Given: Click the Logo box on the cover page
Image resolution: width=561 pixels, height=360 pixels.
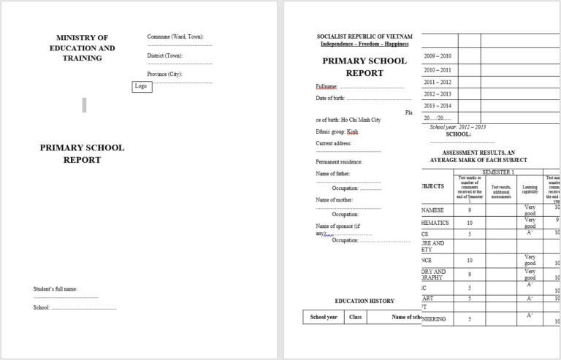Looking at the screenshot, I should [142, 86].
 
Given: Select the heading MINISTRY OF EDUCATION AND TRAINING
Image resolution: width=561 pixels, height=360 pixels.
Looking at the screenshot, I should [85, 47].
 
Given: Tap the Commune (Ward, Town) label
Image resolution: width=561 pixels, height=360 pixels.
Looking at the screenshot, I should [175, 37].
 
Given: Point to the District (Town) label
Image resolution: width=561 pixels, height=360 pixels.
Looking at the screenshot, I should [165, 55].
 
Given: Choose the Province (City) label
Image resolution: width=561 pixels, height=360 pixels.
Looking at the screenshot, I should [165, 74].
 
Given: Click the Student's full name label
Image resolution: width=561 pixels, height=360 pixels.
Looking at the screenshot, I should [56, 289].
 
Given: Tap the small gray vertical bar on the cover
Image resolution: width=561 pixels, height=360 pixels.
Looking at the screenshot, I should [84, 105].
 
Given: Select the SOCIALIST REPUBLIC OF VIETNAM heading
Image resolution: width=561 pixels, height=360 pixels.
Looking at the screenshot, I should [365, 37].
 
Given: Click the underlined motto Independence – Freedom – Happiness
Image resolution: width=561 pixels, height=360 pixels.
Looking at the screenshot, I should [365, 44].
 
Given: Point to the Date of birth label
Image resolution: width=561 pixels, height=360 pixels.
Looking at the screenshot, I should [330, 98].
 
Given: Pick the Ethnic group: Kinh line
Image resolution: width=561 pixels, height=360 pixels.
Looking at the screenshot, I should [337, 132].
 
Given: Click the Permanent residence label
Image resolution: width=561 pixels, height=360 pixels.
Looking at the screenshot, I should [339, 161].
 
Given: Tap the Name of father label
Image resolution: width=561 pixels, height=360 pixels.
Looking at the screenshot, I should [333, 174].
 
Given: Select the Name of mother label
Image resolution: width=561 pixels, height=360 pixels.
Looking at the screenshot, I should [335, 199].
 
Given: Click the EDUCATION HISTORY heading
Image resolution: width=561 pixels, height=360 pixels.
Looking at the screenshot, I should [365, 301].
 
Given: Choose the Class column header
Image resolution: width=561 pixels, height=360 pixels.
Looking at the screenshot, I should [356, 317].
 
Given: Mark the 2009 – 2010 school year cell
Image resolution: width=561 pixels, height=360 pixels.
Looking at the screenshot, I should [438, 55].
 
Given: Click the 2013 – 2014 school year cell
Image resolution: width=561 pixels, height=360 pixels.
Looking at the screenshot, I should [438, 106].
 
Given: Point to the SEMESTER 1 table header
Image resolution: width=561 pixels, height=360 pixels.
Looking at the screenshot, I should [498, 172].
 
